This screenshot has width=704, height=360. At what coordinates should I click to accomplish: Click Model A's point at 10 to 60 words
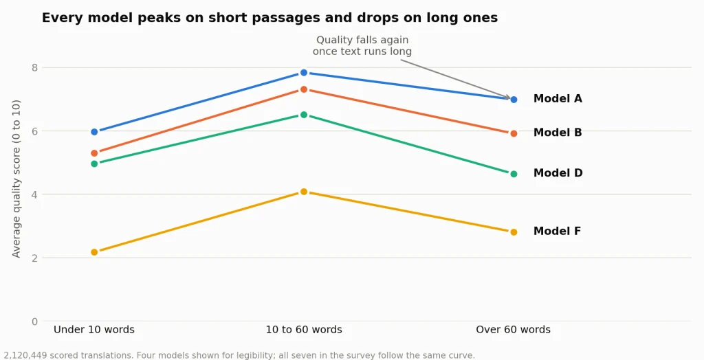click(x=303, y=73)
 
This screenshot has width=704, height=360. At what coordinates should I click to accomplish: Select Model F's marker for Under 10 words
click(x=94, y=252)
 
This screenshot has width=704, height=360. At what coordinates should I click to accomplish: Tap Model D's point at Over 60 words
click(x=514, y=175)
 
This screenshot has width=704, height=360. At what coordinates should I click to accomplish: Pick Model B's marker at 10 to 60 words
click(x=303, y=90)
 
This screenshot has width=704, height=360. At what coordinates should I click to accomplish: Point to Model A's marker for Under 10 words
click(x=94, y=132)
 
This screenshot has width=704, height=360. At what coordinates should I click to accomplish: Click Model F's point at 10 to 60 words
click(x=303, y=192)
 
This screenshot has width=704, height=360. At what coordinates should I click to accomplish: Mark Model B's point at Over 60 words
click(x=514, y=134)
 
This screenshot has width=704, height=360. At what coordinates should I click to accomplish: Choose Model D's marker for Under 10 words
click(x=94, y=164)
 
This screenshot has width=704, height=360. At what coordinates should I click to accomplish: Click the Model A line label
click(x=558, y=99)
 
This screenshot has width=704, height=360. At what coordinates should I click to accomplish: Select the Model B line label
click(x=558, y=133)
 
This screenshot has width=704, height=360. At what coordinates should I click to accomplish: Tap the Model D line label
click(x=558, y=173)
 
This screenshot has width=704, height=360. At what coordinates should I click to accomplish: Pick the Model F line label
click(x=557, y=231)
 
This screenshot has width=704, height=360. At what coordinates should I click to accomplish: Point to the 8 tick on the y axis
click(x=34, y=68)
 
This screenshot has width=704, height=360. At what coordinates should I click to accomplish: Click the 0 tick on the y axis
click(x=34, y=322)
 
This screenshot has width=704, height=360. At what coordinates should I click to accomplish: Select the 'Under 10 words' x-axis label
click(x=93, y=330)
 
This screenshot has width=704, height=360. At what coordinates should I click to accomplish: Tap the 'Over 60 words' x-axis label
click(x=513, y=330)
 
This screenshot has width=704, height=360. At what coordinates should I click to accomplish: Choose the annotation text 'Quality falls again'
click(x=362, y=40)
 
